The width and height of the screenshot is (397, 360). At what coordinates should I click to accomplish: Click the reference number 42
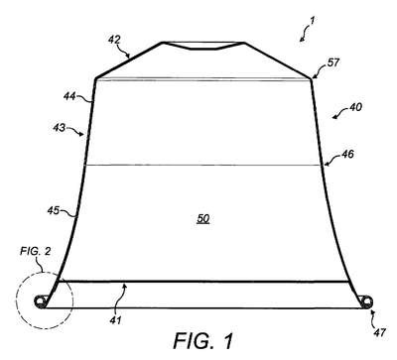tap(114, 40)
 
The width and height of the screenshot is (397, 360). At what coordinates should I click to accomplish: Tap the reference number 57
tap(333, 62)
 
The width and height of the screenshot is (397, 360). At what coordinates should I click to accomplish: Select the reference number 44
tap(69, 96)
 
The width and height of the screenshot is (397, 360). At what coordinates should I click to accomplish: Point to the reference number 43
tap(60, 127)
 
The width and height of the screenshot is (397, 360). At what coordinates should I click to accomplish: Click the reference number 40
tap(355, 107)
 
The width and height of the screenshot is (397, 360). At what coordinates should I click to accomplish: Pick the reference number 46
tap(347, 154)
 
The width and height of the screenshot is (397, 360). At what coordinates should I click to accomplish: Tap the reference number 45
tap(54, 210)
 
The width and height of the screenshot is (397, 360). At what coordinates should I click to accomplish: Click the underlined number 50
tap(203, 219)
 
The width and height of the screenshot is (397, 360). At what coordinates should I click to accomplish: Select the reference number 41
tap(115, 320)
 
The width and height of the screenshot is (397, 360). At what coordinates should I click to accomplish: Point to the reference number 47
tap(379, 332)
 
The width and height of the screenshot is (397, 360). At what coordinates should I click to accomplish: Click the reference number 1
tap(312, 21)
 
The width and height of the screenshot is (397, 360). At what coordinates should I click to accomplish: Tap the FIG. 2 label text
tap(36, 251)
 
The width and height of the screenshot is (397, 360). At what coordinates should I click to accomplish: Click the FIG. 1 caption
tap(203, 341)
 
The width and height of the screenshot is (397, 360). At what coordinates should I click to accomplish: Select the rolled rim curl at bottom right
tap(366, 301)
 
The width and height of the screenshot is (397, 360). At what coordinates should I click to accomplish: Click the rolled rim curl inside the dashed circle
tap(41, 301)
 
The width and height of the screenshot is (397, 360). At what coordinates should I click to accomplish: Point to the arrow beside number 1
tap(305, 34)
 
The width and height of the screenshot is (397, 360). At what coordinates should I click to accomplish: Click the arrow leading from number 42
tap(125, 52)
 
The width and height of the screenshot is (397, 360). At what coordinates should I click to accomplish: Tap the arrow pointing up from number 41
tap(123, 297)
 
